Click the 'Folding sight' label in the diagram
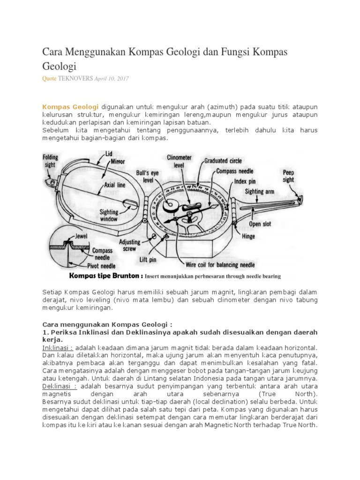point(50,160)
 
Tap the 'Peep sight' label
point(289,176)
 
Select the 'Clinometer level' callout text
point(179,161)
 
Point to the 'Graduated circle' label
point(224,161)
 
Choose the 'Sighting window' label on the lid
point(109,215)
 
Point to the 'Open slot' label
point(260,224)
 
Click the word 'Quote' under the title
point(50,79)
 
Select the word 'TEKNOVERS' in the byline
point(75,79)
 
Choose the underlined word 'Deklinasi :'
point(60,386)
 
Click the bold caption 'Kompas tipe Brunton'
point(105,276)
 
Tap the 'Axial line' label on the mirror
point(114,185)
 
